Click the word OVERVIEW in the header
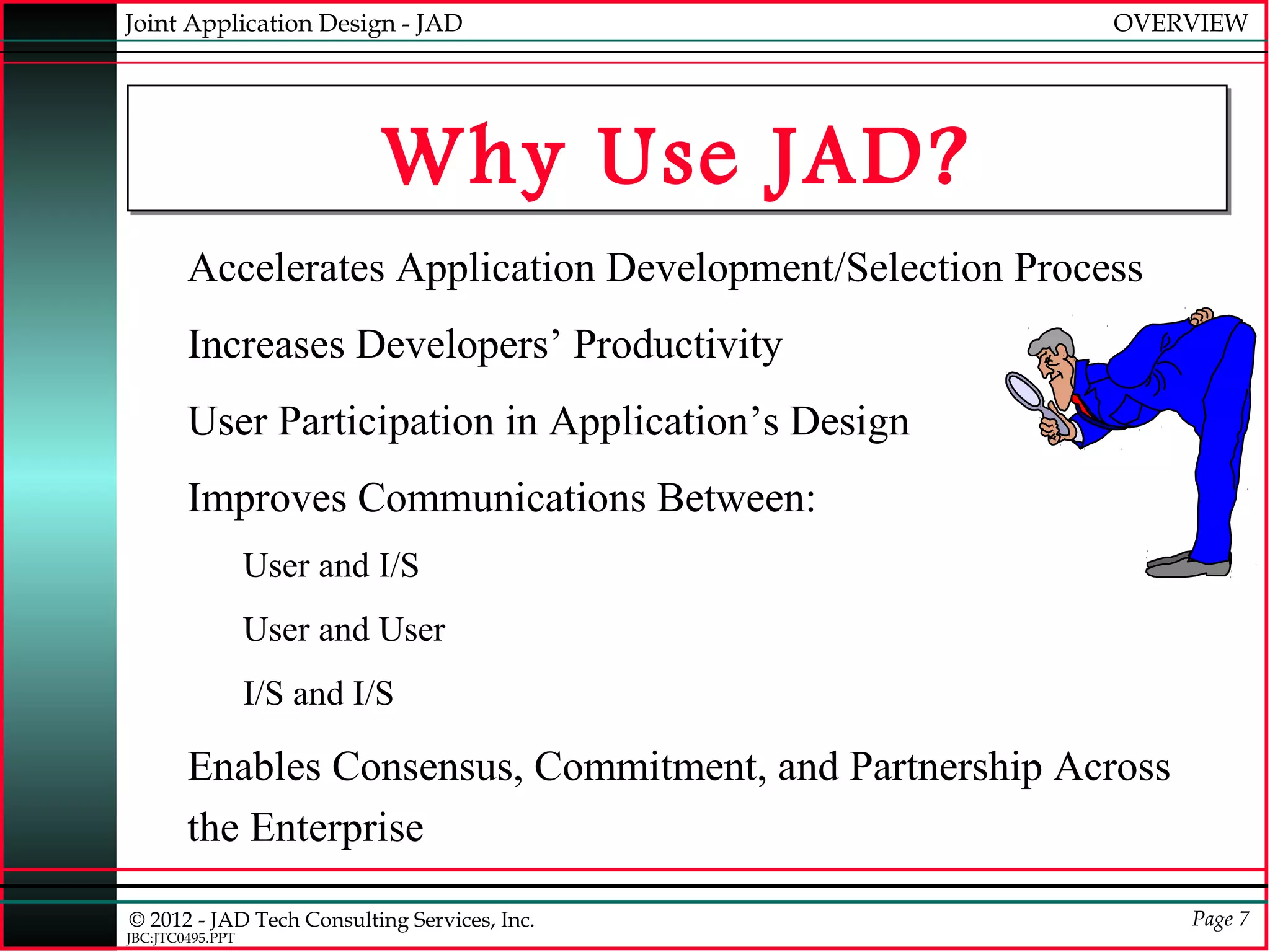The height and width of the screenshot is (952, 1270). pos(1179,24)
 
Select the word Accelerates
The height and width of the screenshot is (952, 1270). pos(286,268)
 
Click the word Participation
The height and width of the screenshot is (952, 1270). pos(386,422)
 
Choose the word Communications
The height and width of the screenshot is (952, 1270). pos(501,498)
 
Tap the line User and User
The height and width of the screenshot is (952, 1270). pos(344,630)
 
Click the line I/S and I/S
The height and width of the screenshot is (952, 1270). pos(318,694)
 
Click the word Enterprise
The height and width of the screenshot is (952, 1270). pos(336,828)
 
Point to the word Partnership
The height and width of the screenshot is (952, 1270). pos(945,767)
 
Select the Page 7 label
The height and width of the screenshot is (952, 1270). pos(1220,919)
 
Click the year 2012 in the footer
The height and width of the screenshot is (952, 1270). pos(171,920)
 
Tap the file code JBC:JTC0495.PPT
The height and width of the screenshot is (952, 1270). pos(180,938)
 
